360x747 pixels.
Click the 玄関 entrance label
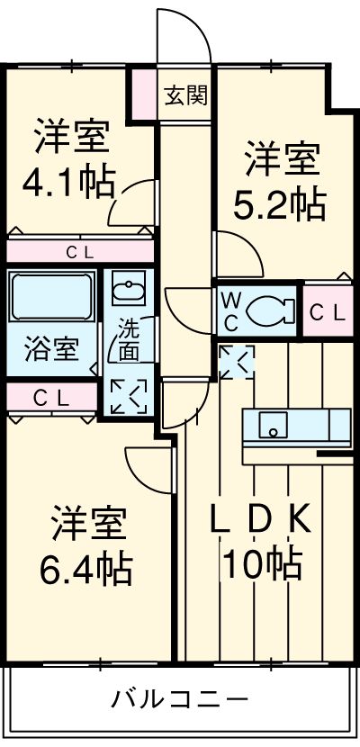pos(186,96)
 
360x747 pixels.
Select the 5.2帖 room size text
pos(280,204)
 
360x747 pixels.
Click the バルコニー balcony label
pos(179,699)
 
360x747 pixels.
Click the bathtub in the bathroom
pos(51,296)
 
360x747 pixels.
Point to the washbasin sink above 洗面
pos(129,288)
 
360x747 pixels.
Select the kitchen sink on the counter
pos(274,425)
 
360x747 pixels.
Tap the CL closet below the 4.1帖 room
pos(80,251)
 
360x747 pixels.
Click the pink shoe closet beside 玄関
pos(144,94)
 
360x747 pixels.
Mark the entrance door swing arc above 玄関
pos(192,23)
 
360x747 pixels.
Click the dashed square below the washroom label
pos(129,396)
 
